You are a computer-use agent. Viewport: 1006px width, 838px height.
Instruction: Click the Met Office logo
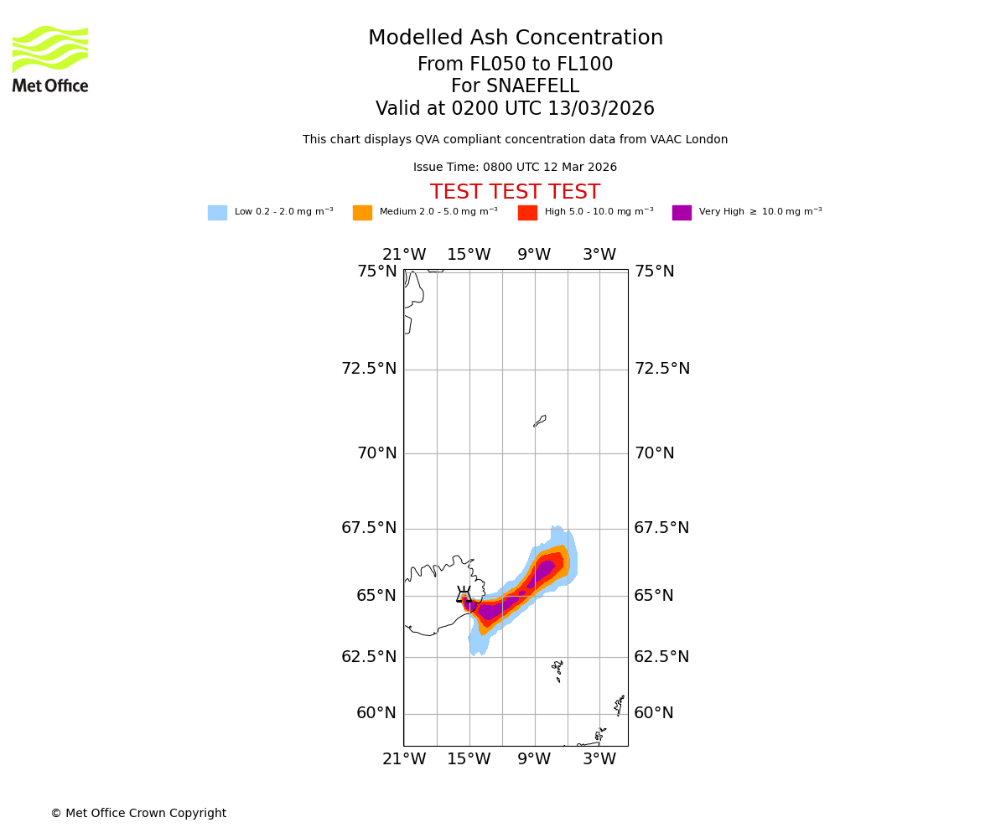click(50, 59)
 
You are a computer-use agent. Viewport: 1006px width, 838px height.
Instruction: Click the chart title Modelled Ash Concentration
click(515, 39)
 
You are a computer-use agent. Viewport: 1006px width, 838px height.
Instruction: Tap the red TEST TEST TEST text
click(515, 193)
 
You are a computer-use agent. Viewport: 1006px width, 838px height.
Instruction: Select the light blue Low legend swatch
click(217, 213)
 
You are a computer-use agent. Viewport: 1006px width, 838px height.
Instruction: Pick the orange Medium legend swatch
click(362, 213)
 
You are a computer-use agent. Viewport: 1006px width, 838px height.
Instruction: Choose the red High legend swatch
click(527, 213)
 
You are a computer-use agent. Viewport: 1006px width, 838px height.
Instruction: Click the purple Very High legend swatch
click(682, 213)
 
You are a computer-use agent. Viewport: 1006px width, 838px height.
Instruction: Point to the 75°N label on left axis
click(377, 272)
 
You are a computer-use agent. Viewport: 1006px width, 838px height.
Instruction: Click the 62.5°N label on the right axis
click(661, 657)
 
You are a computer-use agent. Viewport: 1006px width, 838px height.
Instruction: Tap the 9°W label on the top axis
click(534, 255)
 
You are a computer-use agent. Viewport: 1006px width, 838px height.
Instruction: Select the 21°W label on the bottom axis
click(404, 759)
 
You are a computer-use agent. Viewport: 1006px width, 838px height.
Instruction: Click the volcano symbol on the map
click(463, 594)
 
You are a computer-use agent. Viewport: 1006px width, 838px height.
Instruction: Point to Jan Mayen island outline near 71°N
click(540, 421)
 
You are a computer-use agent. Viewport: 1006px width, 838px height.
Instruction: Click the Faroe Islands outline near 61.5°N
click(558, 670)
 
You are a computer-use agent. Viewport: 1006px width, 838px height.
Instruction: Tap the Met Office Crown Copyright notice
click(138, 814)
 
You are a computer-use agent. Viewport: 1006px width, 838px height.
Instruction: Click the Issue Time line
click(515, 168)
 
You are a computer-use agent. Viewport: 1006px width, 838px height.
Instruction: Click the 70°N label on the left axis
click(377, 453)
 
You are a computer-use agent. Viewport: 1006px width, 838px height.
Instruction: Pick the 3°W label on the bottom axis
click(599, 759)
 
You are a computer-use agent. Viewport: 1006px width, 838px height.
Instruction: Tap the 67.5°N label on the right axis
click(661, 528)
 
